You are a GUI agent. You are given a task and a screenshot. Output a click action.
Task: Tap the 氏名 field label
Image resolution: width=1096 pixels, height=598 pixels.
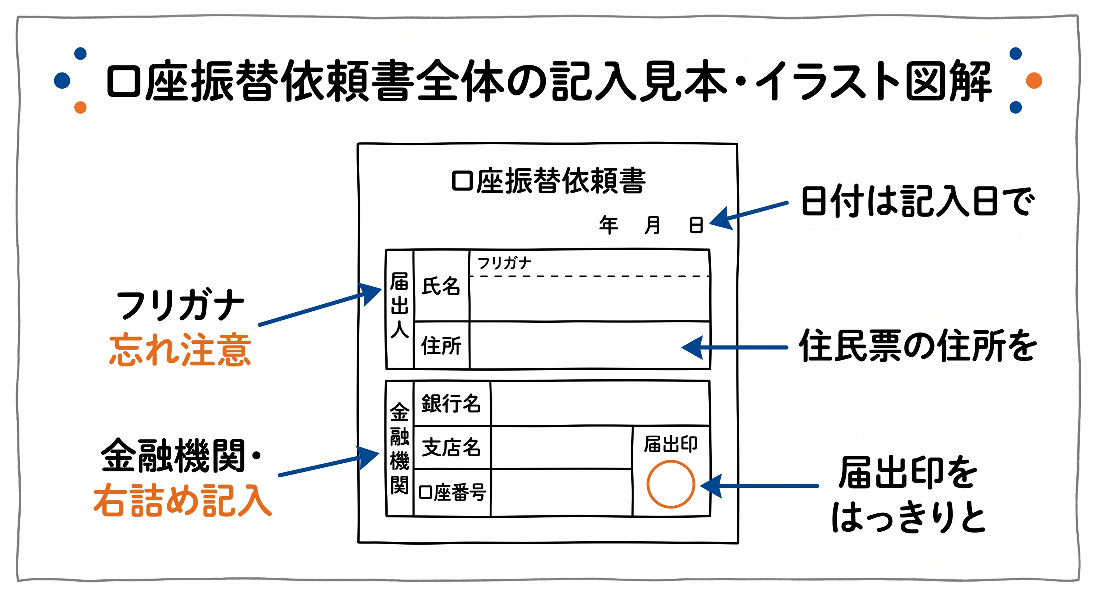click(441, 286)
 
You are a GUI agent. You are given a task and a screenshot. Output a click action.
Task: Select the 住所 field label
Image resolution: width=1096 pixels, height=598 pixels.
click(441, 345)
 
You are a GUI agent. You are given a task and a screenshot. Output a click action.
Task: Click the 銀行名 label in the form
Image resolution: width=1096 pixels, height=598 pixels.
click(451, 403)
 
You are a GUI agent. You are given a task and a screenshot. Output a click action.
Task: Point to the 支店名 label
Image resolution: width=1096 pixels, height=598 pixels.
click(451, 447)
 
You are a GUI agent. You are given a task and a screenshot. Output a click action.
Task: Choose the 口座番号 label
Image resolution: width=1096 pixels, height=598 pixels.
click(452, 492)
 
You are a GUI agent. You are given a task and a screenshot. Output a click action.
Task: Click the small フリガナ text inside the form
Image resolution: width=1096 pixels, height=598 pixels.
click(504, 263)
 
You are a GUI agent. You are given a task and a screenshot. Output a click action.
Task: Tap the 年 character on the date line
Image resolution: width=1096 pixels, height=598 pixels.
click(608, 225)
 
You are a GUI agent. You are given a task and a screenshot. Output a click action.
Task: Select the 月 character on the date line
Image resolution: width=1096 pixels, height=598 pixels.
click(652, 225)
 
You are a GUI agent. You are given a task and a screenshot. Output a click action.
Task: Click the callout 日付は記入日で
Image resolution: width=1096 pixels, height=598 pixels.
click(917, 201)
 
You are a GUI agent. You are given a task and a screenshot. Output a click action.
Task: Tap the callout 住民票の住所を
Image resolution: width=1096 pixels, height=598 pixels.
click(917, 346)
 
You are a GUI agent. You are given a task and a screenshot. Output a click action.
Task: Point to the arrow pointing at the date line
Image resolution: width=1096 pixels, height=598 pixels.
click(749, 215)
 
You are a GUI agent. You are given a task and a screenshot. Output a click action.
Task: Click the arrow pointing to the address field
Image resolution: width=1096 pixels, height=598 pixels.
click(734, 347)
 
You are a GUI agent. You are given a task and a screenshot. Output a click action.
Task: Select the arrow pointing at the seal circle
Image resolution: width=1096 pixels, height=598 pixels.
click(759, 485)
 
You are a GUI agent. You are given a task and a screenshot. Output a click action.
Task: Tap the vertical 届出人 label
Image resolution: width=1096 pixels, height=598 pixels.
click(399, 305)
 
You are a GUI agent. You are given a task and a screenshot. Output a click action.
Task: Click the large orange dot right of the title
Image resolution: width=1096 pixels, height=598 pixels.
click(1034, 81)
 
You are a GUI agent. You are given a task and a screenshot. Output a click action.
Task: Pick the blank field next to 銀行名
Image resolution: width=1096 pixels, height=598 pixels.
click(600, 403)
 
